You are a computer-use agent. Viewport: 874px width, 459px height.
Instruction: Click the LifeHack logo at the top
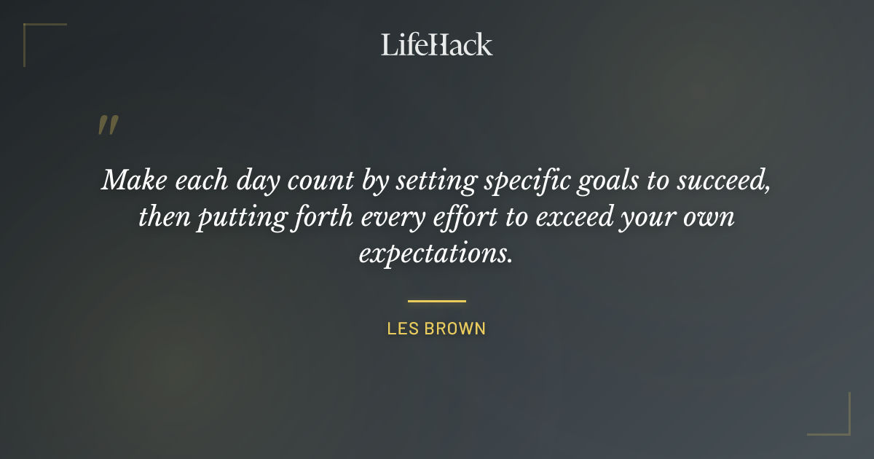click(437, 44)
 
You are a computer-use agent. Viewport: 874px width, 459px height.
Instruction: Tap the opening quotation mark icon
click(107, 126)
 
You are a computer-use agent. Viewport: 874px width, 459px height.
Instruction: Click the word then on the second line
click(163, 218)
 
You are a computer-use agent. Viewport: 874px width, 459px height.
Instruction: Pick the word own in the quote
click(709, 218)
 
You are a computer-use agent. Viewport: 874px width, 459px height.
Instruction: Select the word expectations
click(436, 255)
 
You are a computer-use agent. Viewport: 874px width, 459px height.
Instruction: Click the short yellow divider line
click(436, 300)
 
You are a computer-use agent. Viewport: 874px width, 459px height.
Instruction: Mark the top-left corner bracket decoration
click(33, 33)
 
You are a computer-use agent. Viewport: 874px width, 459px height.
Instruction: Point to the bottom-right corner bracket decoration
click(840, 425)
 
